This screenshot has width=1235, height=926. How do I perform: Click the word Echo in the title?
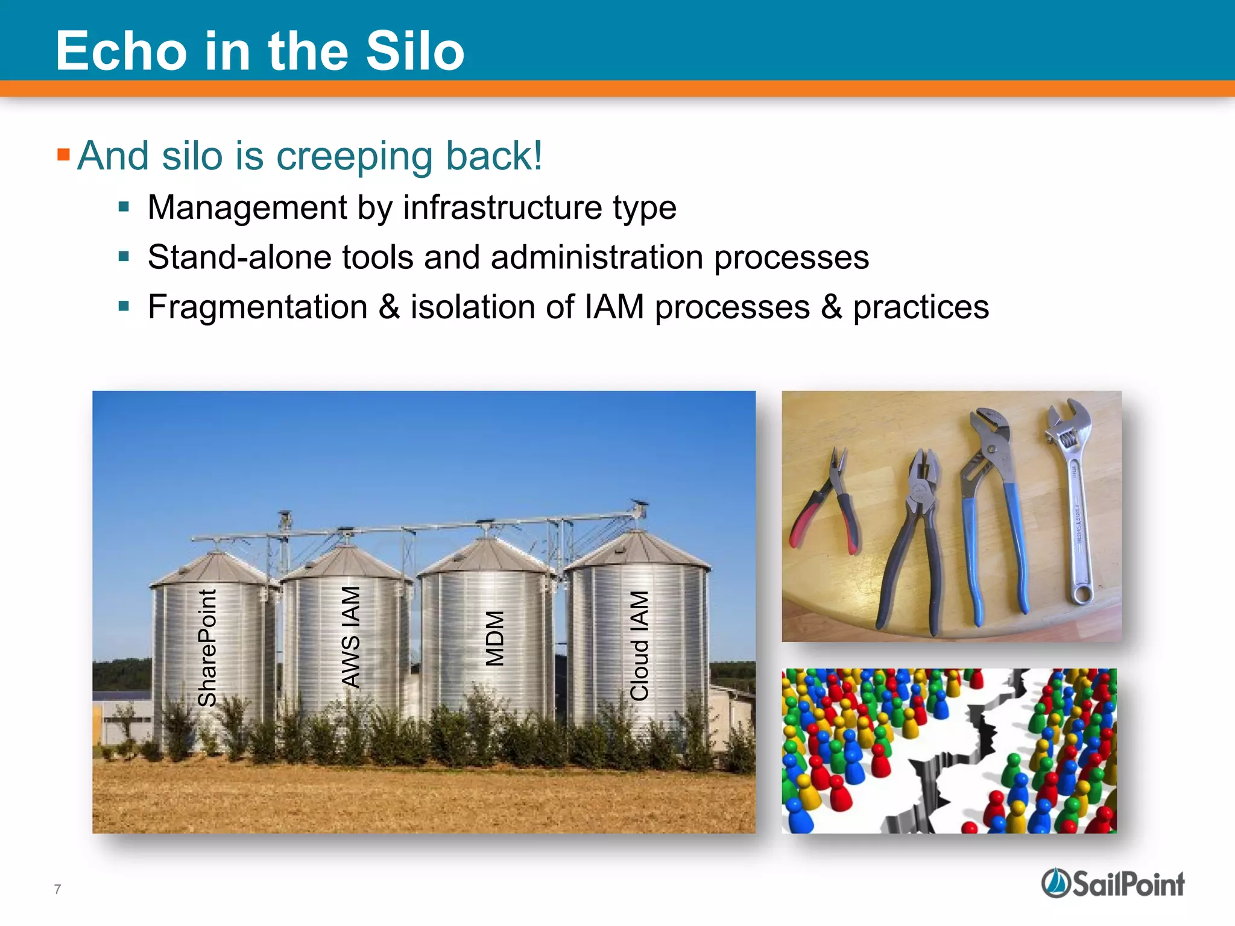pyautogui.click(x=121, y=51)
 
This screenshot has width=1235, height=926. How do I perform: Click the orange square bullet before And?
pyautogui.click(x=63, y=155)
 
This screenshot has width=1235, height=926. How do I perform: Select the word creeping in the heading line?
pyautogui.click(x=354, y=157)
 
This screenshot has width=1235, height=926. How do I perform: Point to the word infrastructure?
pyautogui.click(x=502, y=207)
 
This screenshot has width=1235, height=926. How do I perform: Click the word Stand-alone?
pyautogui.click(x=239, y=257)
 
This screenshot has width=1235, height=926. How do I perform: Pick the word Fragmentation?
pyautogui.click(x=257, y=307)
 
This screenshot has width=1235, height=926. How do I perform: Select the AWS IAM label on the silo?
pyautogui.click(x=350, y=637)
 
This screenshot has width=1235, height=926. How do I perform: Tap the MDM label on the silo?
pyautogui.click(x=494, y=638)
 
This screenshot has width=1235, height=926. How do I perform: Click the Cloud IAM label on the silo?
pyautogui.click(x=639, y=646)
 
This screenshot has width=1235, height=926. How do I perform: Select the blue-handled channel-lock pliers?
pyautogui.click(x=989, y=512)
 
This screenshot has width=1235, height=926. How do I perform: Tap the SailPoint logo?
pyautogui.click(x=1113, y=884)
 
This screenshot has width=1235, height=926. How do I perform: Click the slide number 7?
pyautogui.click(x=57, y=889)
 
